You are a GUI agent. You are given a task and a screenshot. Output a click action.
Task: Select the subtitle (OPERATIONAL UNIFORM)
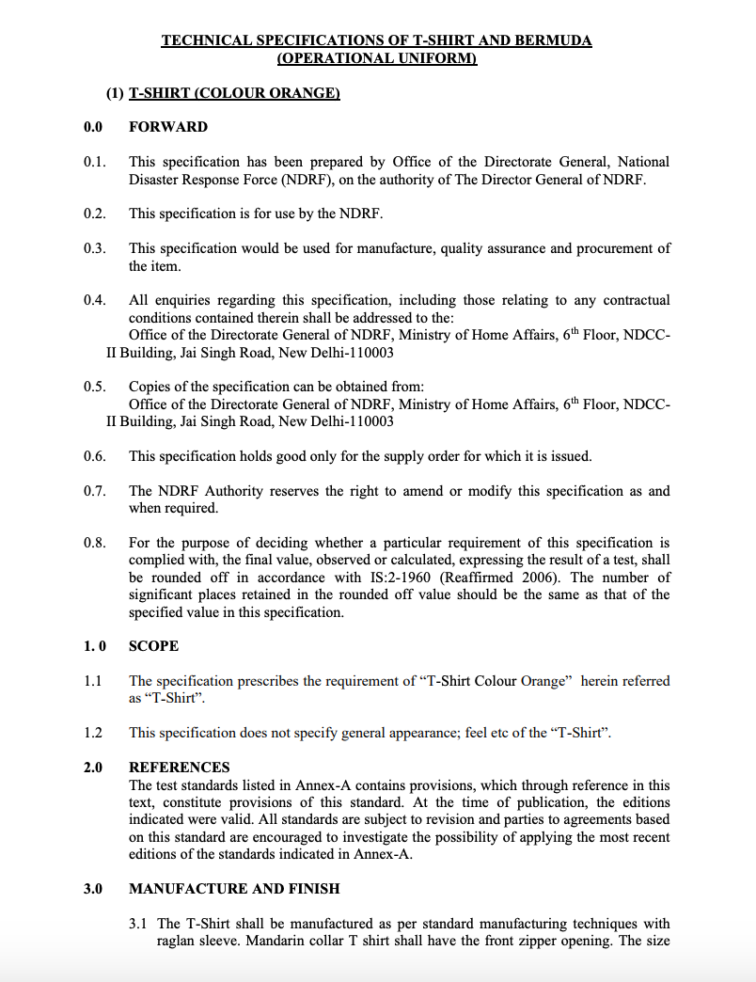pos(377,58)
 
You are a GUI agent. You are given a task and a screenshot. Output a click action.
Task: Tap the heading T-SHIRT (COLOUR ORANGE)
pos(234,92)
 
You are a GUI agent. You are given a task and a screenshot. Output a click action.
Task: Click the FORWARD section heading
pos(168,127)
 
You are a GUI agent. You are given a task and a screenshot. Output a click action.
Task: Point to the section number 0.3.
pos(94,248)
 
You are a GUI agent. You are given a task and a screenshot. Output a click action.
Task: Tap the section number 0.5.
pos(94,387)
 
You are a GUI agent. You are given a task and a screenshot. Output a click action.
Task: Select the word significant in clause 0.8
pos(163,594)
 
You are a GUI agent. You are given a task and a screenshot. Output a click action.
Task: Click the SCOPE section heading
pos(153,646)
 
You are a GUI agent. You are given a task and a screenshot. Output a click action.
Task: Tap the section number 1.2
pos(92,733)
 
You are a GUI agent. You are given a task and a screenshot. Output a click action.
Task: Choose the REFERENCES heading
pos(179,768)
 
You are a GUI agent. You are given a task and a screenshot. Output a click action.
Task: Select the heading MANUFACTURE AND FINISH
pos(234,889)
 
